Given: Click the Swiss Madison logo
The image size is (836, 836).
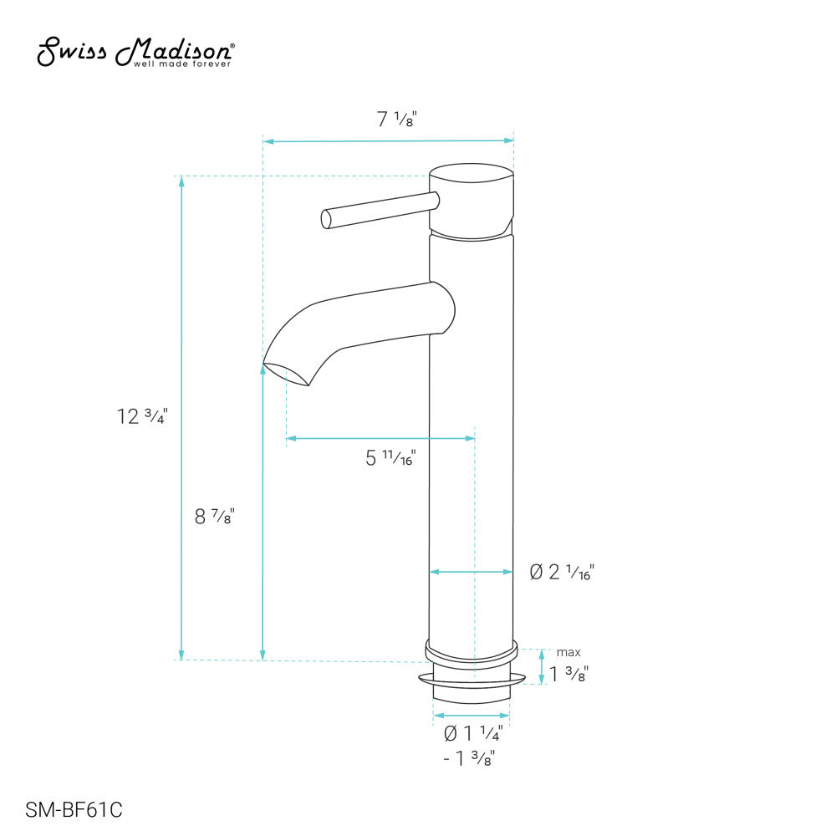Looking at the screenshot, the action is point(135,52).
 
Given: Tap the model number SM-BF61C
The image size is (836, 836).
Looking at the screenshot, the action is point(74,810).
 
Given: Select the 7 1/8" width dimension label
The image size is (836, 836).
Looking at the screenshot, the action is point(396,119).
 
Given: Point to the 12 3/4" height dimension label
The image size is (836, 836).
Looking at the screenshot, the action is point(142,415).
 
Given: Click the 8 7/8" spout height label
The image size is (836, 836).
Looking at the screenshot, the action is point(214,516).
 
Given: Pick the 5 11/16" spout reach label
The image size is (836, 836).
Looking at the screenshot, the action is point(390,457).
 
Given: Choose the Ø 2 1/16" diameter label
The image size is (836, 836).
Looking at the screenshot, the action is point(562,572).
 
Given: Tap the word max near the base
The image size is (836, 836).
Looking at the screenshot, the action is point(568,652).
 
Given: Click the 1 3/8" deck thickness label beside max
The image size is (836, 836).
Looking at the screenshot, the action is point(568,674).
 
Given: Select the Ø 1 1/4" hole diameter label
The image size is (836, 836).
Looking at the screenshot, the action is point(473,733).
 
